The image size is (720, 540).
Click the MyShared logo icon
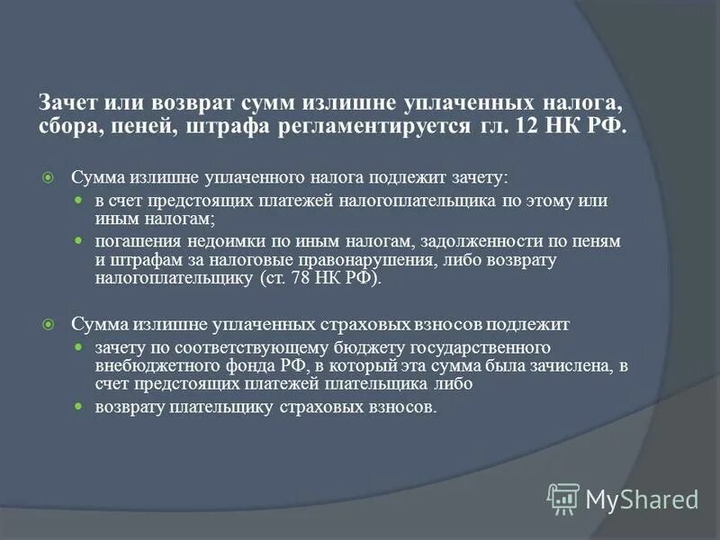(x=563, y=498)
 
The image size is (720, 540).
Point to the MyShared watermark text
(x=643, y=499)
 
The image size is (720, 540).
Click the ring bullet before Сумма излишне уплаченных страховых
(x=50, y=322)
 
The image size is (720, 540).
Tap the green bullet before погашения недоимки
(x=77, y=242)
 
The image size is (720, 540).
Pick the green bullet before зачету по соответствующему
(x=77, y=346)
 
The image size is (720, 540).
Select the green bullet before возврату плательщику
(x=77, y=408)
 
